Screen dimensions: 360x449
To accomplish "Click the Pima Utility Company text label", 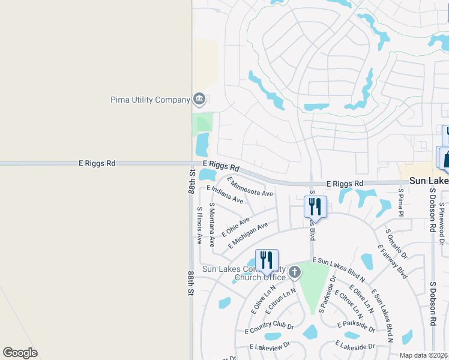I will pos(150,100).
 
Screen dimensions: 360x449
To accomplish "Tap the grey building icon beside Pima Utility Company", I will pos(199,99).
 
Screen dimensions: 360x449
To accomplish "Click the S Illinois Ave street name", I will pos(200,226).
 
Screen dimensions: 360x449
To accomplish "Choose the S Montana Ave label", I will pos(212,225).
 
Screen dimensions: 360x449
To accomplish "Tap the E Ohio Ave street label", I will pos(236,226).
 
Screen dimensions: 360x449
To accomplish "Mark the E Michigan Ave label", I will pos(248,236).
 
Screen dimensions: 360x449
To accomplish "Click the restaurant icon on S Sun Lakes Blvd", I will pos(315,206).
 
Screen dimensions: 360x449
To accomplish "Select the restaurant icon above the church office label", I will pos(267,260).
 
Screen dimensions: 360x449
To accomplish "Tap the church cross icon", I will pos(294,272).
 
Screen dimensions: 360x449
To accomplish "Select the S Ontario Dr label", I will pos(396,244).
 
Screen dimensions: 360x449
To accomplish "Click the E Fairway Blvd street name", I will pos(393,261).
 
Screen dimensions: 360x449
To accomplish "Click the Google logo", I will pos(20,353).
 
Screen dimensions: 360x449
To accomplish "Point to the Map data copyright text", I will pos(424,355).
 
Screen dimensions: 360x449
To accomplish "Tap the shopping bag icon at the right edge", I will pos(445,159).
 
